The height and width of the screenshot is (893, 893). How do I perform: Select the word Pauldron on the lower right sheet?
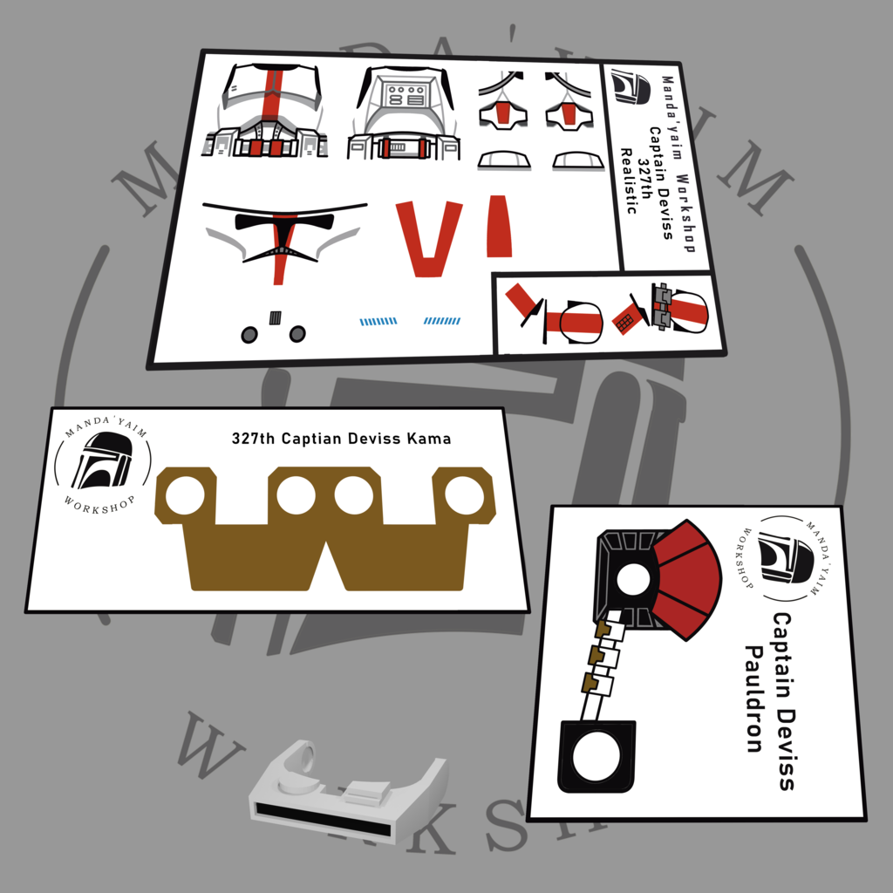coord(754,699)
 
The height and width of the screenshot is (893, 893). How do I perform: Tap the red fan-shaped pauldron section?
coord(687,579)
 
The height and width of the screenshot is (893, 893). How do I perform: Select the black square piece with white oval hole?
coord(596,756)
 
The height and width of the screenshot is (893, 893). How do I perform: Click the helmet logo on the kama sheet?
coord(103,460)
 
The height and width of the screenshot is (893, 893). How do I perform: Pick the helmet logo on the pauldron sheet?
coord(786,557)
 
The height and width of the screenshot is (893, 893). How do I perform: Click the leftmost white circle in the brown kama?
coord(185,495)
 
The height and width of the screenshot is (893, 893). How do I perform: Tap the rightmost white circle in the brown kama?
coord(464,495)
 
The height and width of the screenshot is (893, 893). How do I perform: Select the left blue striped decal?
coord(378,322)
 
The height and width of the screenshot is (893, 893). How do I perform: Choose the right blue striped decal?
coord(442,321)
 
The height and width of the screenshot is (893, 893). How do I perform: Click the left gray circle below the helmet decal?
coord(249,335)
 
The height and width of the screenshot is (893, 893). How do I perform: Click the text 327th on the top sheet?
coord(644,179)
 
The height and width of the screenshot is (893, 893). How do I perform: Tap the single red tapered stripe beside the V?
coord(499,226)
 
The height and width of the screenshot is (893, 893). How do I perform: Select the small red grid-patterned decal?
coord(627,319)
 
